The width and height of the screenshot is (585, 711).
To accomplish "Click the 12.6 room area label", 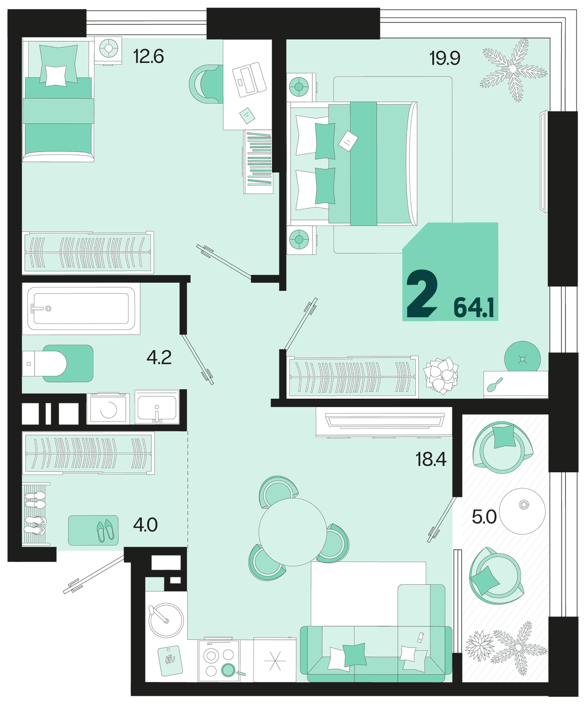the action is pos(148,57).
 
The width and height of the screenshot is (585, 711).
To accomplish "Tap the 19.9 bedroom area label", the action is pos(445,58).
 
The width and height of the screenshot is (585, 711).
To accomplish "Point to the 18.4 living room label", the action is pos(431,459).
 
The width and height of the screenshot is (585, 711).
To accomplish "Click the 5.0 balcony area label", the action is pos(484,517).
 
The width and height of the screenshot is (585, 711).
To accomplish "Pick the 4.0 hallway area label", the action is pos(145,525).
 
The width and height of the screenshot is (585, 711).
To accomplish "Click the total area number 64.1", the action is pos(473,308).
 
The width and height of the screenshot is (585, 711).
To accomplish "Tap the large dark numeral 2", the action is pos(422,294).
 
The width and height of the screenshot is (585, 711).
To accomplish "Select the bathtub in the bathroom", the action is pos(81,308).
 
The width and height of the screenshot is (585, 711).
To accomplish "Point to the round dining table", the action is pos(292,532).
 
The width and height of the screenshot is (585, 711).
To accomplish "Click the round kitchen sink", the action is pos(166,620).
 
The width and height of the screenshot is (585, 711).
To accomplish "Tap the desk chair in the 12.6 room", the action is pos(206,84).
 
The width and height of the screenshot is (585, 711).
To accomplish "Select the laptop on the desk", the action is pos(250,79).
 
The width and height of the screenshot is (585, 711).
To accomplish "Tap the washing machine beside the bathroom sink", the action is pos(108,409).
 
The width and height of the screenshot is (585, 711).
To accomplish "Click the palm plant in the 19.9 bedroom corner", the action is pos(513,70).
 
